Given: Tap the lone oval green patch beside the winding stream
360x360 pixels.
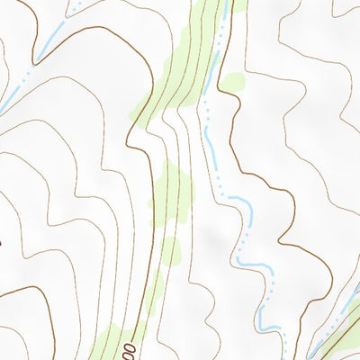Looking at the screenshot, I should pos(231,83).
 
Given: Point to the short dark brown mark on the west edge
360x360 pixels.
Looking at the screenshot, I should pos(2,241).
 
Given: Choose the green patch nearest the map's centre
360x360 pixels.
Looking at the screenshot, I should pos(171,189).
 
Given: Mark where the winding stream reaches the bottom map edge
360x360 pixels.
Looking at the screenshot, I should pos(286,358).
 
